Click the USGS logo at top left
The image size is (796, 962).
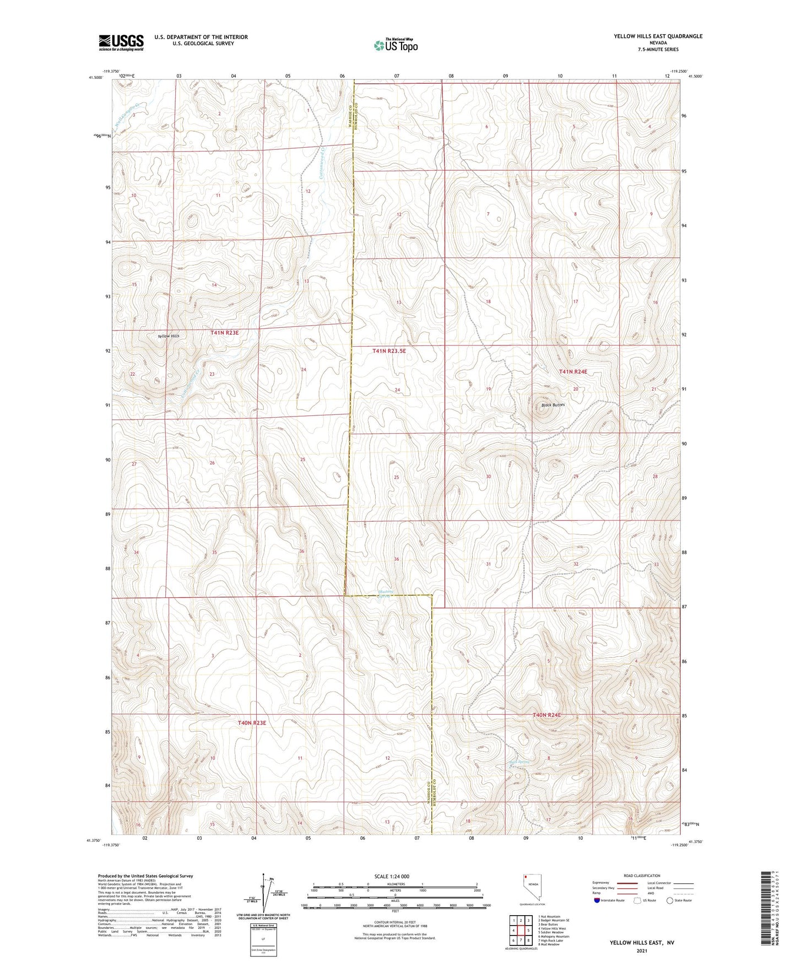(x=121, y=42)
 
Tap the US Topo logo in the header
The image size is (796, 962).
(x=395, y=45)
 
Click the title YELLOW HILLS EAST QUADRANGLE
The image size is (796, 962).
(x=658, y=36)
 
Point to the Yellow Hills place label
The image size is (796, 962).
(x=168, y=336)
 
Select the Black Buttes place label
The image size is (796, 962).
(x=553, y=405)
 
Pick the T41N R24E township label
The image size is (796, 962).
(x=573, y=372)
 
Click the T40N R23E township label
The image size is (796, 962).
(x=252, y=722)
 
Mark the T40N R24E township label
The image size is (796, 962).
(x=546, y=715)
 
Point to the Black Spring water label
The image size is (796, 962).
(x=519, y=763)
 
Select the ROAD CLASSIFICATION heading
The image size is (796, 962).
(x=642, y=875)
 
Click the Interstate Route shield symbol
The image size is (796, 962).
(x=597, y=900)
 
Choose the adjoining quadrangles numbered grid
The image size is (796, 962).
(x=521, y=931)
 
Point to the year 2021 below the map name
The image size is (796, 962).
(x=641, y=950)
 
